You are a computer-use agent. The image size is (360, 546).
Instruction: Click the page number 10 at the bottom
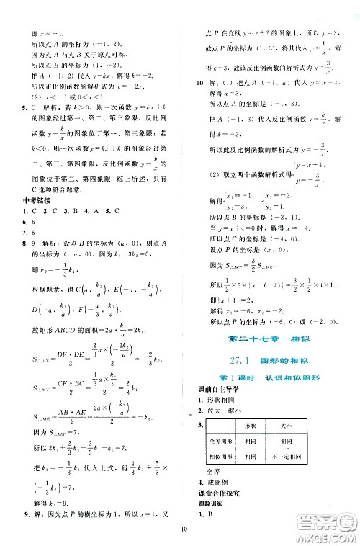point(185,532)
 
